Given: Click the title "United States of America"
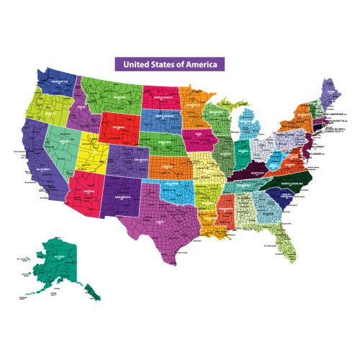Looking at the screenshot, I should point(170,63).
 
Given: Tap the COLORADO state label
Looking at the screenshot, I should point(127,160).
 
